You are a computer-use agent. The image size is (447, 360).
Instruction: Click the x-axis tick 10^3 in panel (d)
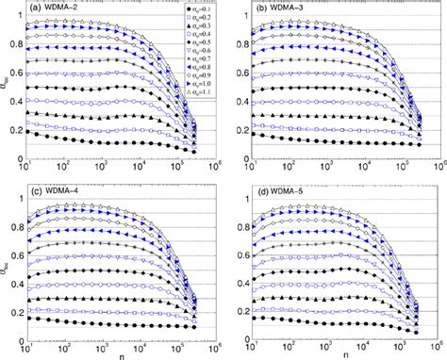(335, 343)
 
